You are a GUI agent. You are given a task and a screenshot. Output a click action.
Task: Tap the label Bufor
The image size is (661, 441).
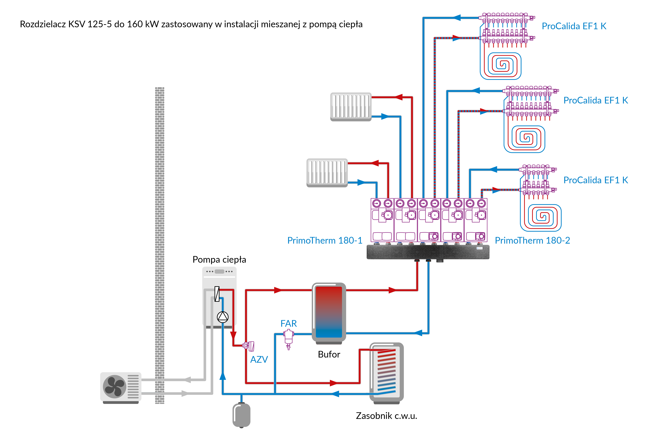[x=329, y=354]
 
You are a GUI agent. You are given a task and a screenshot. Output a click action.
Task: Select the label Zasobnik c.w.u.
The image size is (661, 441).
[x=386, y=416]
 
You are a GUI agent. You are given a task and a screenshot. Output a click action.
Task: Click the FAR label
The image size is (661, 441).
[x=289, y=323]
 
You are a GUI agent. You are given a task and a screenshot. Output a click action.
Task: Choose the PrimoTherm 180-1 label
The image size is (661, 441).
[x=325, y=240]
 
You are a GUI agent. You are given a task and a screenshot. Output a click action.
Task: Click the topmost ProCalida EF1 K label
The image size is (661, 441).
[x=574, y=26]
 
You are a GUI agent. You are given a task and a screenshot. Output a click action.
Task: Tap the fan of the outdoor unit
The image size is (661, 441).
[x=114, y=387]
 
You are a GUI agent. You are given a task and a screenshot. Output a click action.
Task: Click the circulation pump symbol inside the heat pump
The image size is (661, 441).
[x=223, y=317]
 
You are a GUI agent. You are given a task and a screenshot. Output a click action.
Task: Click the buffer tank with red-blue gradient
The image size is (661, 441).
[x=329, y=312]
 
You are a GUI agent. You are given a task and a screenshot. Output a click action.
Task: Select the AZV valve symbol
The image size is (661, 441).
[x=249, y=346]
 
